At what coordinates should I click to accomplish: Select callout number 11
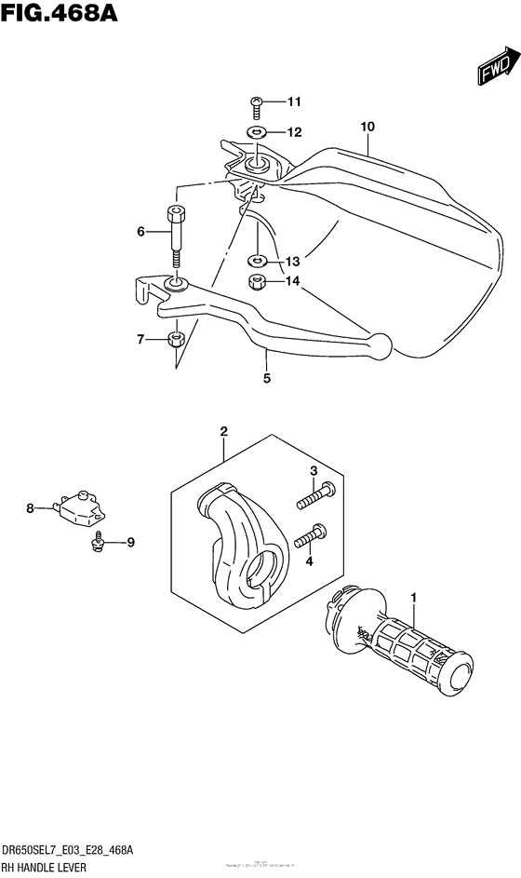point(269,102)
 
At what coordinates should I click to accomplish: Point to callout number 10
point(367,126)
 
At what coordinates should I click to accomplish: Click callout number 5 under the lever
point(267,379)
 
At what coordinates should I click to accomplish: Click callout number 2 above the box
point(224,431)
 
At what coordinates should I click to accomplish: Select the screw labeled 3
point(315,497)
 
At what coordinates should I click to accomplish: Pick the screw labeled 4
point(310,537)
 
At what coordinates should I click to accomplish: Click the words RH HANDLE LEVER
point(47,868)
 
